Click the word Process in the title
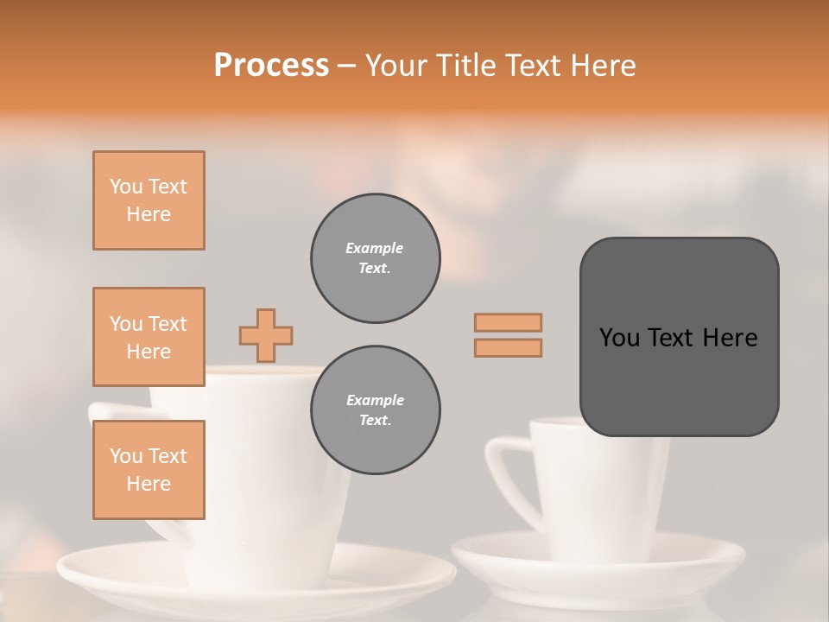(271, 66)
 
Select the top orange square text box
(149, 200)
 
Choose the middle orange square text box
(149, 337)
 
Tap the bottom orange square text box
(149, 470)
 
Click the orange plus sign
(266, 335)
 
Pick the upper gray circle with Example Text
(375, 258)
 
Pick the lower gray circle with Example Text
(375, 410)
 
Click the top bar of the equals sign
(508, 322)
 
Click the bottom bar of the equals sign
(508, 347)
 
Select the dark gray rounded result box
(679, 337)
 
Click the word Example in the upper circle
(374, 248)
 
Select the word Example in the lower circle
(375, 400)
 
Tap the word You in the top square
(125, 187)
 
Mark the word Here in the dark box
(730, 338)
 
